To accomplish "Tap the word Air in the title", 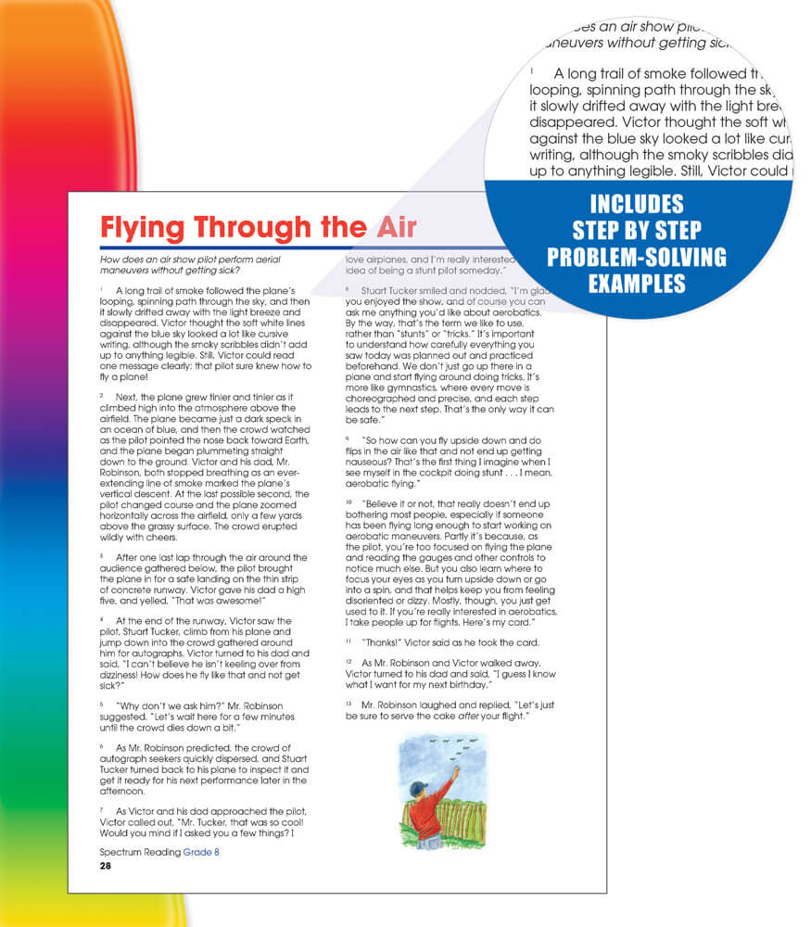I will click(x=389, y=227).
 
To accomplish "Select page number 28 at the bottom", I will click(x=105, y=865).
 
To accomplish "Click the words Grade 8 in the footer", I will click(x=201, y=852).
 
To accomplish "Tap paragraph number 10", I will click(x=348, y=501).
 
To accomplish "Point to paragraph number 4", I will click(x=101, y=617).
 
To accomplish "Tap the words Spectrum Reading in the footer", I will click(x=139, y=852).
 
